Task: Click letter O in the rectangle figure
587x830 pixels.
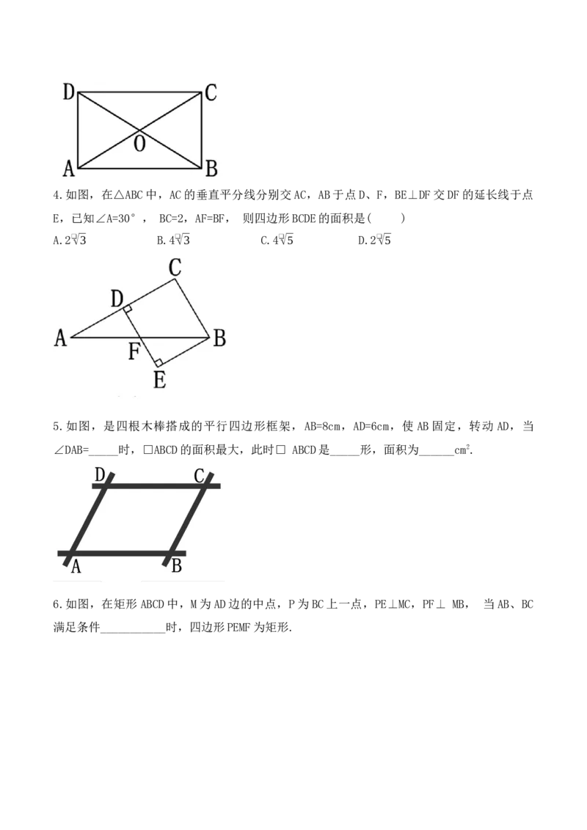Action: point(139,144)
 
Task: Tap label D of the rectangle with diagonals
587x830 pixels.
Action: point(68,92)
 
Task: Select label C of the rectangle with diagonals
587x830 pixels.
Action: point(211,93)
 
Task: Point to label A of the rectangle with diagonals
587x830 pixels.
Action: point(69,169)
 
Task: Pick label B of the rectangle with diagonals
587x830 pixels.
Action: point(211,169)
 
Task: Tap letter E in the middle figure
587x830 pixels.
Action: point(159,380)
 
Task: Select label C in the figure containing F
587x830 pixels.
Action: point(175,268)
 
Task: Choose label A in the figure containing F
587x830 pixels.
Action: point(61,338)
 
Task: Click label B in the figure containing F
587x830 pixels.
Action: point(219,339)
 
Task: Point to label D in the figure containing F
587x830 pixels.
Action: point(116,298)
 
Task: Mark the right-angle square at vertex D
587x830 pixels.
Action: point(128,309)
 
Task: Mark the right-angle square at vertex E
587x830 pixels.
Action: point(158,361)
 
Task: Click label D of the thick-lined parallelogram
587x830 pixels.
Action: point(101,476)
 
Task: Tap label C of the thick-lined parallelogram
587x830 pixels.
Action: point(199,476)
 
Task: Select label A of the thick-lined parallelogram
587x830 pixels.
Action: point(76,567)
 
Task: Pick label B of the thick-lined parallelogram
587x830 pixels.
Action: point(176,567)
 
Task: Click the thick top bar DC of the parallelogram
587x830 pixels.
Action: point(154,485)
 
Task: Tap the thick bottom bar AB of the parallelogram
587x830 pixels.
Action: point(121,553)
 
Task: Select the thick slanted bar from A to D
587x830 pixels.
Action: point(90,519)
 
